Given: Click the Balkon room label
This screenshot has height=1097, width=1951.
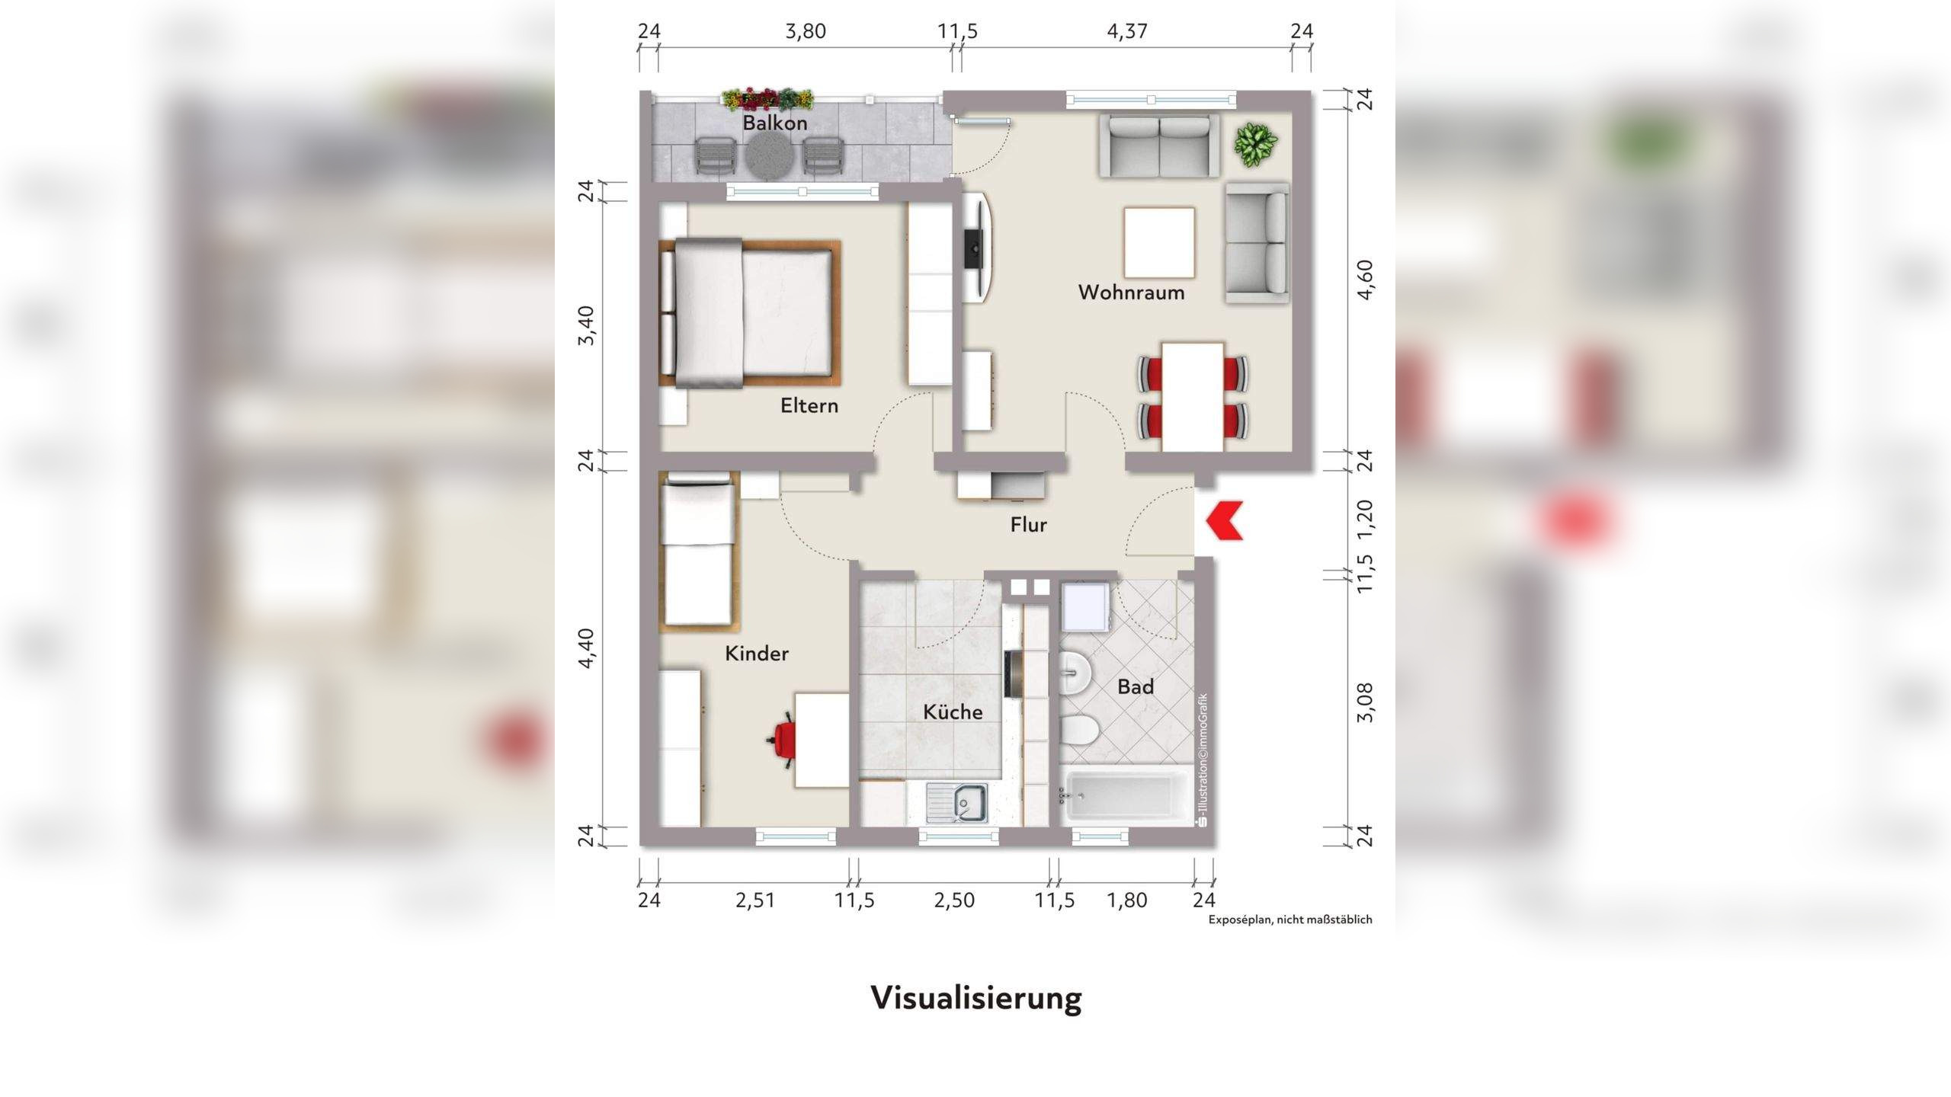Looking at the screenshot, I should (x=774, y=123).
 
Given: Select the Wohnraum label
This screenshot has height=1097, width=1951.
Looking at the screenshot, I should (x=1131, y=293).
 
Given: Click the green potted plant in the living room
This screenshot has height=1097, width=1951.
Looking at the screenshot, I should (x=1256, y=144).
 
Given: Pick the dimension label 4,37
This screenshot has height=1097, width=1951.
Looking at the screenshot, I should (x=1126, y=31).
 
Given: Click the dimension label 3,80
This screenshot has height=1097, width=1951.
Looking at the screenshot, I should (x=806, y=31).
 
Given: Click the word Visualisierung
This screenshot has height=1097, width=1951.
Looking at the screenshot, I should (x=975, y=997).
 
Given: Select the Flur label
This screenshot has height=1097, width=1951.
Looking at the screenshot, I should (x=1028, y=525).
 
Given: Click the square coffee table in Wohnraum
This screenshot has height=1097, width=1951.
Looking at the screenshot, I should (x=1158, y=243).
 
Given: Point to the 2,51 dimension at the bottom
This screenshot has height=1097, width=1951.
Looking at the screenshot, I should (x=754, y=900).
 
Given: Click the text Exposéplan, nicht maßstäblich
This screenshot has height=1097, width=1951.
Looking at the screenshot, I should (x=1289, y=919).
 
